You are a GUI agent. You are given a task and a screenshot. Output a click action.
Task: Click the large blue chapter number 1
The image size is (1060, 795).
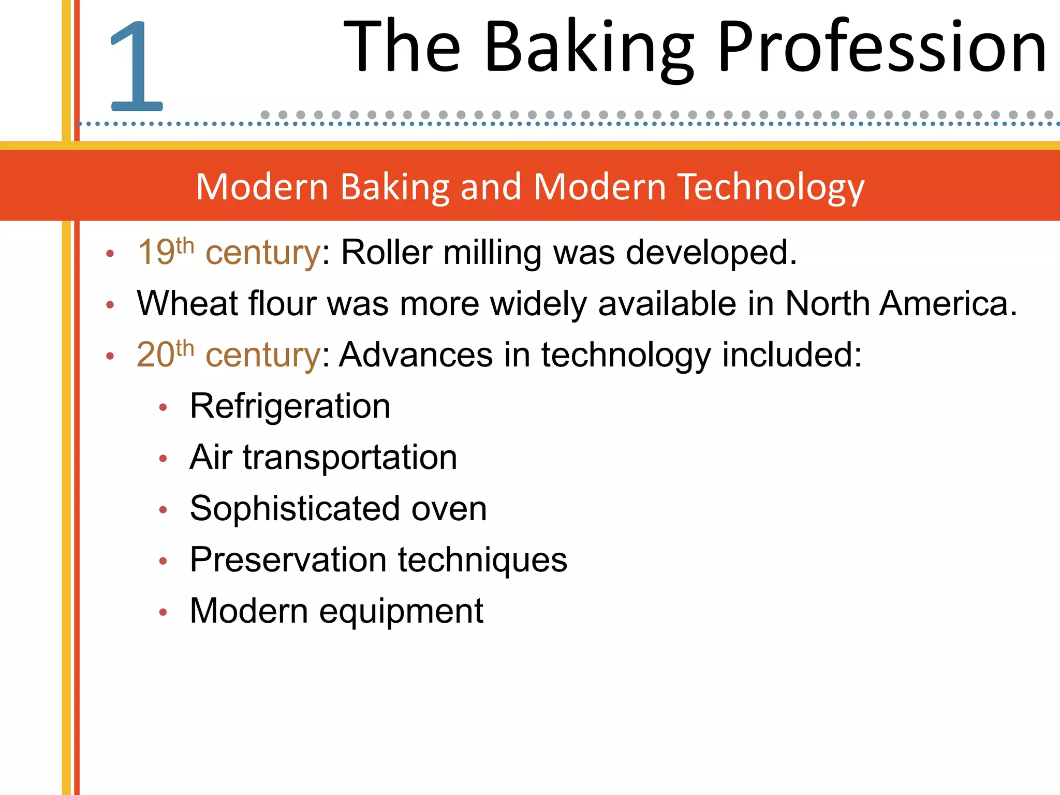point(137,66)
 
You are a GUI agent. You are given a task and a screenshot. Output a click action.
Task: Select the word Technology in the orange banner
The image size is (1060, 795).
point(771,187)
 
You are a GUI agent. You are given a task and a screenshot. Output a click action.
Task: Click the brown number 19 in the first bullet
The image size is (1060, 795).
point(155,253)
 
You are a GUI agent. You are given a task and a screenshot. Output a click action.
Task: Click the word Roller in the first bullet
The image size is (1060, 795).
point(386,253)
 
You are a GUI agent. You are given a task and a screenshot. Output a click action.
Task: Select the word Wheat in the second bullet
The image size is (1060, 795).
point(187,304)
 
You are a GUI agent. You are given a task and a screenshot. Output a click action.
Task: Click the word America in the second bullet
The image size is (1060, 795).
point(948,304)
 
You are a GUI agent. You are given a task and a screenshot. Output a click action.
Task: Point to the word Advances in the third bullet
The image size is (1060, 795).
point(416,355)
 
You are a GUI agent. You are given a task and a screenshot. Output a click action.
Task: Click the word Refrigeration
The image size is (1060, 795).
point(290,406)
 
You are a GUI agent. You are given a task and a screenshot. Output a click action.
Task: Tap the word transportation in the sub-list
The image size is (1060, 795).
point(350,458)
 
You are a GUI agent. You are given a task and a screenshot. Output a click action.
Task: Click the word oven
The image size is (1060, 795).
point(449,509)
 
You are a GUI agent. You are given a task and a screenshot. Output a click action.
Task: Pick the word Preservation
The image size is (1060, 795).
point(288,560)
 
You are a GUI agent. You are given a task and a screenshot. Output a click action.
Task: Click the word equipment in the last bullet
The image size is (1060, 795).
point(401,612)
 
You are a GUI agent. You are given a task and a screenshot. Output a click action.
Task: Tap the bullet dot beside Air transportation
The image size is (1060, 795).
point(163,459)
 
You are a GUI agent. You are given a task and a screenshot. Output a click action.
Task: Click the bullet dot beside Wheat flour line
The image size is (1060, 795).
point(110,305)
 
